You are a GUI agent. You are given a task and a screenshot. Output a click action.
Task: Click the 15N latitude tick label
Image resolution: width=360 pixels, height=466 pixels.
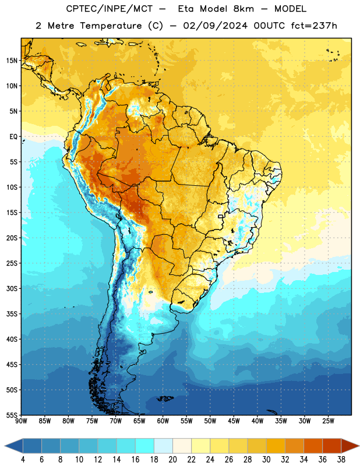coord(12,61)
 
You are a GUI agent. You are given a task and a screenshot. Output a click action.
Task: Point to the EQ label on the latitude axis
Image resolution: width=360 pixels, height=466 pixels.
coord(13,137)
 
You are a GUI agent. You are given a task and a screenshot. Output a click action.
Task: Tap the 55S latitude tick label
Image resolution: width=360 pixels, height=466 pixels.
coord(12,415)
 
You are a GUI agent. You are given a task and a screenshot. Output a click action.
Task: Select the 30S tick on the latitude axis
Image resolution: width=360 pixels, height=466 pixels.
coord(12,288)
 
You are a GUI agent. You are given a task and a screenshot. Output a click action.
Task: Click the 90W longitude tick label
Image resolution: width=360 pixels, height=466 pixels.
coord(21,421)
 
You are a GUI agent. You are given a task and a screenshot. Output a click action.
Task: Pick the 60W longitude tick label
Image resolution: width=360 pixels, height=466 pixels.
coord(163,421)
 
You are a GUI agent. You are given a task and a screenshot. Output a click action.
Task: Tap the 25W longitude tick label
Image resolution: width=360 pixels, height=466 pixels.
coord(328,421)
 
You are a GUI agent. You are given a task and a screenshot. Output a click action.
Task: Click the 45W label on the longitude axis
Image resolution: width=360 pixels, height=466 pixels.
coord(234,421)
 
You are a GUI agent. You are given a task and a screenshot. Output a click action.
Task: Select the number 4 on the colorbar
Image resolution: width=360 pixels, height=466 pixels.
coord(23,460)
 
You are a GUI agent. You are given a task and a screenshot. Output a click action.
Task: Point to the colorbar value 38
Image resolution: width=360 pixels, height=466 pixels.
coord(341,460)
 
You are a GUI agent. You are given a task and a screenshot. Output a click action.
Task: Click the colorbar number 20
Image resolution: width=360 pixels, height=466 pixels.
coord(172,460)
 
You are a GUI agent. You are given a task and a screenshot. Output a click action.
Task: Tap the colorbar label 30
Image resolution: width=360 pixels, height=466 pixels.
coord(266,460)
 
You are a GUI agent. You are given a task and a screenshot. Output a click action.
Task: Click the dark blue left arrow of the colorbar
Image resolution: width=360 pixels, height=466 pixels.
coord(14,446)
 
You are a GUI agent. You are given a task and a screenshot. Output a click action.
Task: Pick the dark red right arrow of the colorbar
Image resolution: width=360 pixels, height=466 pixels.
coord(350,446)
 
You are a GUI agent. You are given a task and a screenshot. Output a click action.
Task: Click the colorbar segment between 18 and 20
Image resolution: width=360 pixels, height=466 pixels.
coord(163,446)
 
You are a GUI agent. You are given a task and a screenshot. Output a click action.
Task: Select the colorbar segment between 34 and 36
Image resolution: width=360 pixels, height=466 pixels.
coord(313,446)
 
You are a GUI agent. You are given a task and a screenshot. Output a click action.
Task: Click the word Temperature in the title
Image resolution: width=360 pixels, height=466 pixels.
coord(111,26)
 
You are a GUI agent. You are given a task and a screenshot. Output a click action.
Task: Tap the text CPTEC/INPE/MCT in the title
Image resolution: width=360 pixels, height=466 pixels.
coord(110,9)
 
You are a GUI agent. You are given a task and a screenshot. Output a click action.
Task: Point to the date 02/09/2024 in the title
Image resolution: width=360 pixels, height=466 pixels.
coord(216,26)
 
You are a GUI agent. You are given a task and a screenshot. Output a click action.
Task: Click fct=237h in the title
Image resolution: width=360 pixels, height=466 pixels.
coord(314,26)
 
